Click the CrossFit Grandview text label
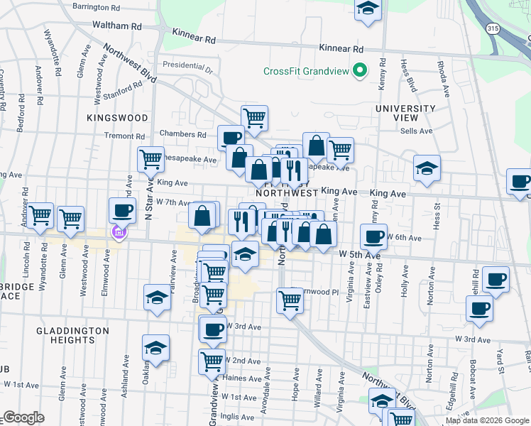(307, 70)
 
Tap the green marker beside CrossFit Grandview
(360, 70)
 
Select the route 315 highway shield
(492, 28)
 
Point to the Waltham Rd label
(117, 26)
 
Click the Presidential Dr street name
(187, 68)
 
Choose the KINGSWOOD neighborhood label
(118, 117)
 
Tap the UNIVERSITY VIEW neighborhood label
(405, 113)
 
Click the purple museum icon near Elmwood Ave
(119, 231)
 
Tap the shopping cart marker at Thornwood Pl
(290, 300)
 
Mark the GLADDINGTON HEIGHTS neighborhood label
(74, 335)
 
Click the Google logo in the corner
(23, 417)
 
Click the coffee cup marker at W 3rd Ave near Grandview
(213, 328)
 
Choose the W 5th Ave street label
(359, 253)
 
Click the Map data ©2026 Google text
(487, 420)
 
